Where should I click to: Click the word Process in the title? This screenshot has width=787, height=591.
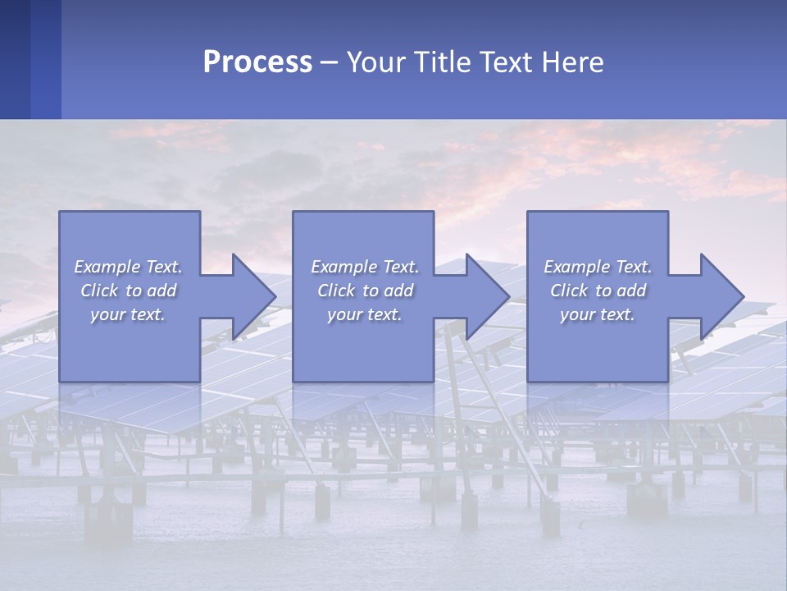coord(257,62)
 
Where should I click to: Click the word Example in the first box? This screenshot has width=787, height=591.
coord(107,267)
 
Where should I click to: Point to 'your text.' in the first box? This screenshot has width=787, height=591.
coord(128,314)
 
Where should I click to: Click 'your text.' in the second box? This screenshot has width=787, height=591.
coord(365,314)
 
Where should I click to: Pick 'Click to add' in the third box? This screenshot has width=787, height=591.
coord(598,291)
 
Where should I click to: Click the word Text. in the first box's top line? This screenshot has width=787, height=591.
coord(163,267)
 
